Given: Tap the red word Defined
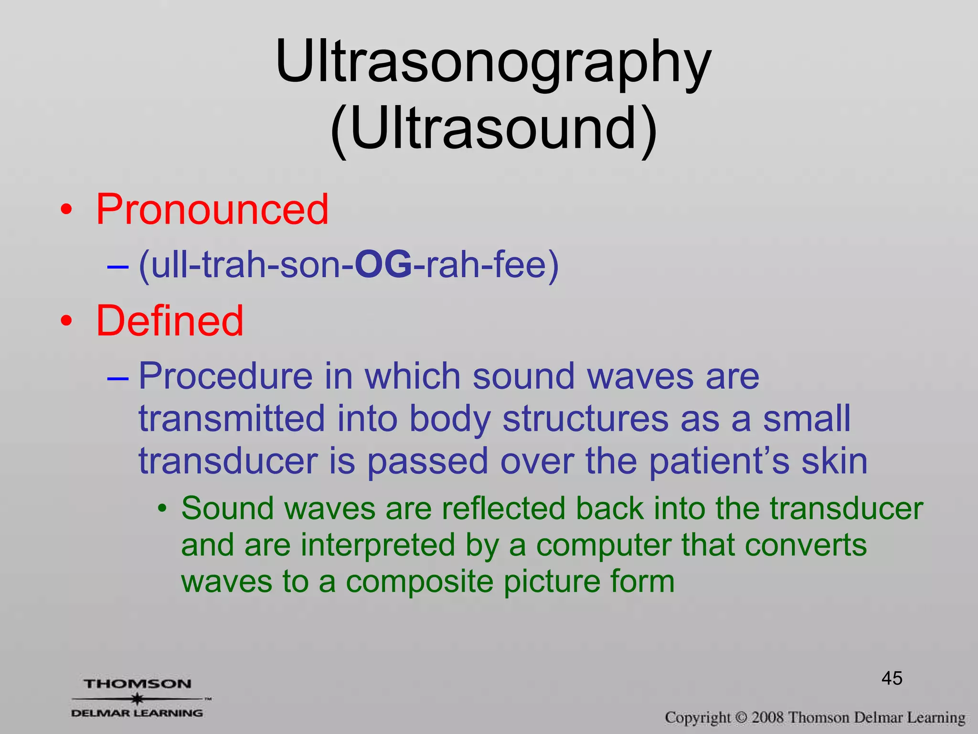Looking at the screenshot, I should [170, 321].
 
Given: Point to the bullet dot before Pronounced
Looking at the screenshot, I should [67, 210].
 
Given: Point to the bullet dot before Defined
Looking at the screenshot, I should [67, 322].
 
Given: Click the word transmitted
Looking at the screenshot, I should [232, 419].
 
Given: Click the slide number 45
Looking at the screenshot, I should [892, 679].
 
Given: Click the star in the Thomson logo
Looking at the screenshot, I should [138, 699].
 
